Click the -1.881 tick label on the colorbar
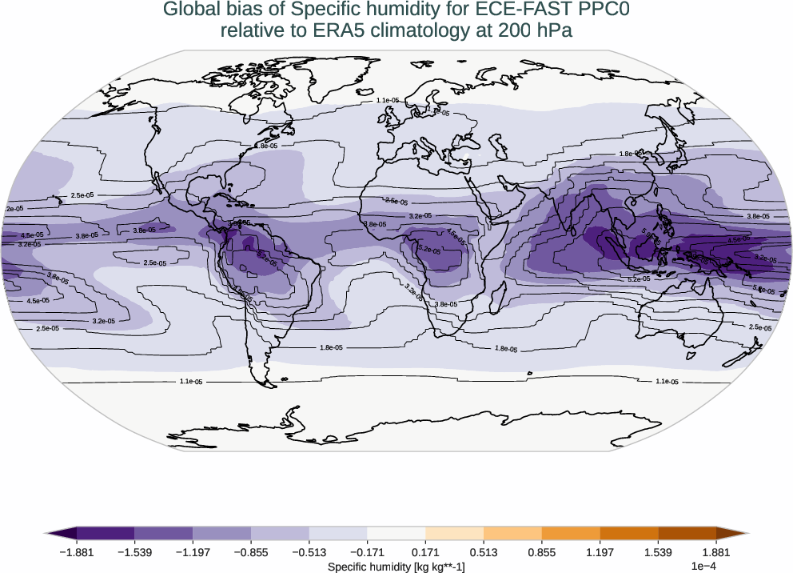pos(77,552)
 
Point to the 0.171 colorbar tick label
pos(425,552)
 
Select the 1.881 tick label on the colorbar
pos(716,552)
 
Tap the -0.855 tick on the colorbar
pos(251,552)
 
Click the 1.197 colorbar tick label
pos(600,552)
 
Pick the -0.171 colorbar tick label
pos(367,552)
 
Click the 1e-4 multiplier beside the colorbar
pos(703,567)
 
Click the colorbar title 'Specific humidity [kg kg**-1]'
pos(396,567)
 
